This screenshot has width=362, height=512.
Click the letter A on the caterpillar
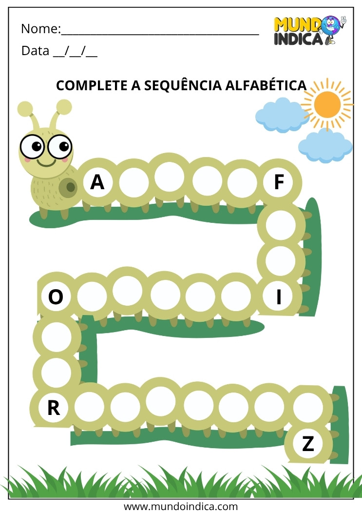(x=97, y=182)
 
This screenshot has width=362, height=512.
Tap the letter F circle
(x=278, y=182)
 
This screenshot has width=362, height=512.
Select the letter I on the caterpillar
(x=279, y=297)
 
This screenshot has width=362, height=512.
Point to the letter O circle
(x=56, y=297)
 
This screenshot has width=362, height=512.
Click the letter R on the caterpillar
(x=54, y=408)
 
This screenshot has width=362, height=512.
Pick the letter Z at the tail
(x=308, y=444)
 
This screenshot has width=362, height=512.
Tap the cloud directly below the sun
(x=325, y=146)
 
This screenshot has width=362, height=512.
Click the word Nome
(x=41, y=29)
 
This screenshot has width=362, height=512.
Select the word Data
(x=35, y=51)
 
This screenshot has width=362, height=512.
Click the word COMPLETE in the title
(x=92, y=85)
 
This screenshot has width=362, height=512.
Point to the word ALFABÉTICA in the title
(x=266, y=85)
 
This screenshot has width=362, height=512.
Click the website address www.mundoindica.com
(x=181, y=506)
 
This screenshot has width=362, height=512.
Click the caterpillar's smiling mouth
(x=46, y=162)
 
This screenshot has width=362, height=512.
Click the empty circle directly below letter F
(x=281, y=225)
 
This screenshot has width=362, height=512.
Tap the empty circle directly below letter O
(x=57, y=336)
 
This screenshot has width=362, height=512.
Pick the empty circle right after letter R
(x=89, y=407)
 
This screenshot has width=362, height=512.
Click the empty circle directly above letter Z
(x=308, y=407)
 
